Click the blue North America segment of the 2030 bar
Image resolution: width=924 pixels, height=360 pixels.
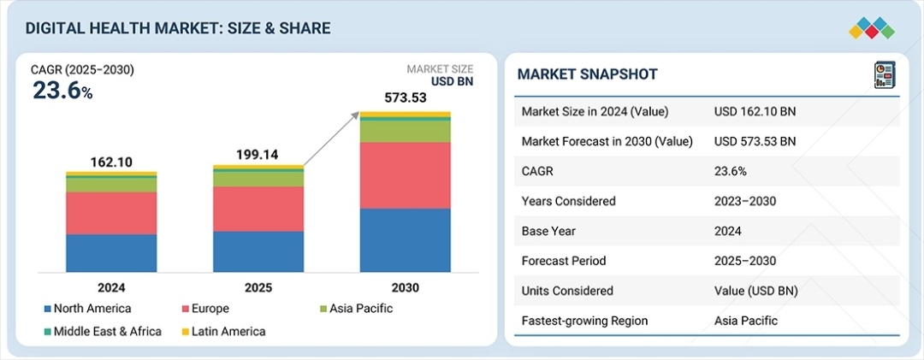point(405,240)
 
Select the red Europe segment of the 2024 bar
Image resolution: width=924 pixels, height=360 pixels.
point(111,213)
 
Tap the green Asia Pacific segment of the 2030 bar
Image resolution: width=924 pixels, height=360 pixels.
point(405,131)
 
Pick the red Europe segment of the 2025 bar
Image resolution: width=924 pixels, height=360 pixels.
point(258,209)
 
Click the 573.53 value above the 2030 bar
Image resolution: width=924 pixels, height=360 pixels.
point(405,98)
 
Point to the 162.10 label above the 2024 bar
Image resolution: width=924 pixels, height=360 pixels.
point(111,161)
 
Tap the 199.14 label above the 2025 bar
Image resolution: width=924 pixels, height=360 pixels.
point(258,155)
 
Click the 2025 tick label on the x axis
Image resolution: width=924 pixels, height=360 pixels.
point(258,288)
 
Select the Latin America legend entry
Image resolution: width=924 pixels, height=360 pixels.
point(224,331)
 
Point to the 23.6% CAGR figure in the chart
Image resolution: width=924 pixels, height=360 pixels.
point(62,91)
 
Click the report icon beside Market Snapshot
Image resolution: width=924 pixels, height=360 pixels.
point(883,74)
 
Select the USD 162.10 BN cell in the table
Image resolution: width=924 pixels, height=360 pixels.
point(754,112)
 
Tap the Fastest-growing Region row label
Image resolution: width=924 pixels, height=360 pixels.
point(584,321)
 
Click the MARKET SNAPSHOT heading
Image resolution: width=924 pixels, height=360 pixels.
point(587,74)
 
